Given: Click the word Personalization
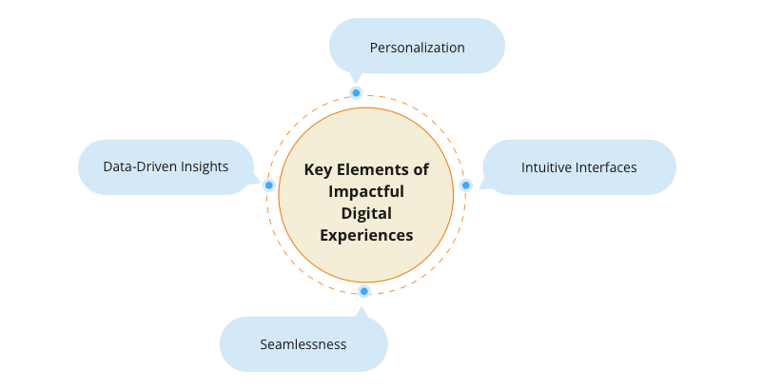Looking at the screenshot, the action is point(417,48).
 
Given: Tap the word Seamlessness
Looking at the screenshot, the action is point(303,344).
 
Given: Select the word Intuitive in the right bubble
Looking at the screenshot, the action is point(546,167).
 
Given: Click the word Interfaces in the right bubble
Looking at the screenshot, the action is point(606,167).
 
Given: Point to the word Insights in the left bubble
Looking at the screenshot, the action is point(205,166).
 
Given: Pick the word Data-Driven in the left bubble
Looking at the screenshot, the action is point(140,166).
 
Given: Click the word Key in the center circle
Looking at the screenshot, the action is point(318,170).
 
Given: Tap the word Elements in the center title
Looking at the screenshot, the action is point(372,169).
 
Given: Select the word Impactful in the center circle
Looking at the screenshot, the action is point(366,191).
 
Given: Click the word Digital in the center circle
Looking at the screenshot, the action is point(366,213).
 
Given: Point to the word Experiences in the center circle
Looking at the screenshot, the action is point(366,235).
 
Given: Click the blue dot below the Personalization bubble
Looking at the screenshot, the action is point(356,93).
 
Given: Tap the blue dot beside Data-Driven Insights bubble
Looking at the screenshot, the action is point(269,185).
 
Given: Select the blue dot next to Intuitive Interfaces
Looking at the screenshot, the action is point(465,185).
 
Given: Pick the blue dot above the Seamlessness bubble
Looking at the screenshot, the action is point(364,291).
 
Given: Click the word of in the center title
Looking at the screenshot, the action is point(421,169).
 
